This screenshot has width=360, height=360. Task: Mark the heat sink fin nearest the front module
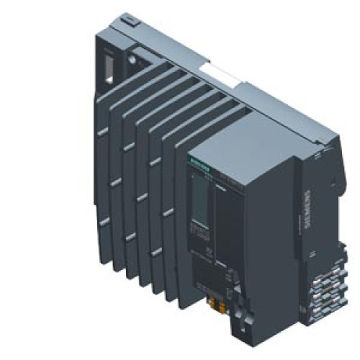(176, 216)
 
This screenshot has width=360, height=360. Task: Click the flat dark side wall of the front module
(277, 238)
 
